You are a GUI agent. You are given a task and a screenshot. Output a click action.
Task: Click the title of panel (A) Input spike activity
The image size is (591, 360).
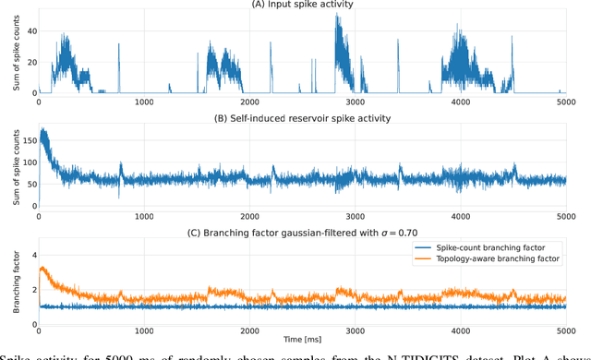point(302,6)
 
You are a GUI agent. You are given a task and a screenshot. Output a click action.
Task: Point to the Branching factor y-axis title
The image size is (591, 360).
point(13,278)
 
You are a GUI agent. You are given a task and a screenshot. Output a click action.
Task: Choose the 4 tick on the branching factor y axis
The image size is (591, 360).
point(30,253)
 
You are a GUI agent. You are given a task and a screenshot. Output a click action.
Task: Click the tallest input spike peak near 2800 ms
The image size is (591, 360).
point(337,16)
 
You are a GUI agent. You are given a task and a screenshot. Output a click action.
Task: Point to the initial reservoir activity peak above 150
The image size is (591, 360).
point(42,130)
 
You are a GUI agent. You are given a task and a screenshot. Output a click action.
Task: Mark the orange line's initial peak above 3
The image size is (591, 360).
point(42,269)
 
